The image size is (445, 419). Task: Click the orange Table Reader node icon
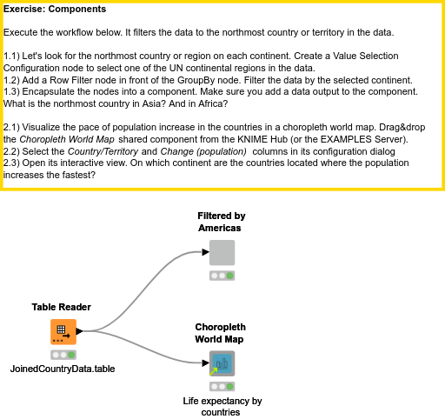tap(62, 331)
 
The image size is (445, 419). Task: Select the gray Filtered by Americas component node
tap(222, 253)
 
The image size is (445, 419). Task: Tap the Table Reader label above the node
tap(62, 307)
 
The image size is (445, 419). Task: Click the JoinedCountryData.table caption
tap(62, 369)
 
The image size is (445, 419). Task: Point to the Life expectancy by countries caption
tap(222, 407)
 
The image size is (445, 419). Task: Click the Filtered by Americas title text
tap(221, 221)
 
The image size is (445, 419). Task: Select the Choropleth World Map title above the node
tap(219, 333)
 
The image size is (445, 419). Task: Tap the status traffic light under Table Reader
tap(62, 355)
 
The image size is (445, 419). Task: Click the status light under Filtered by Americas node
tap(222, 276)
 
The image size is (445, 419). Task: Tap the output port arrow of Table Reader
tap(79, 331)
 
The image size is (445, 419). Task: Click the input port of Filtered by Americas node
tap(206, 253)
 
